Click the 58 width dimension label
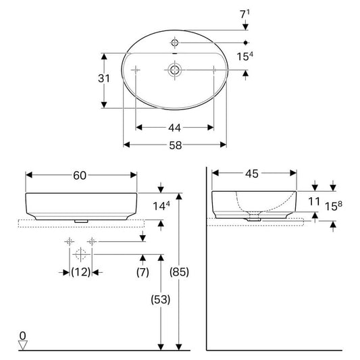176,145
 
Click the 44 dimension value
174,128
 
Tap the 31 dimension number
104,78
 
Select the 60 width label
80,176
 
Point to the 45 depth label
252,174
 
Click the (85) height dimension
179,272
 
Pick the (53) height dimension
161,299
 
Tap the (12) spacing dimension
80,272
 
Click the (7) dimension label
143,272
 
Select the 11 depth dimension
314,202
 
